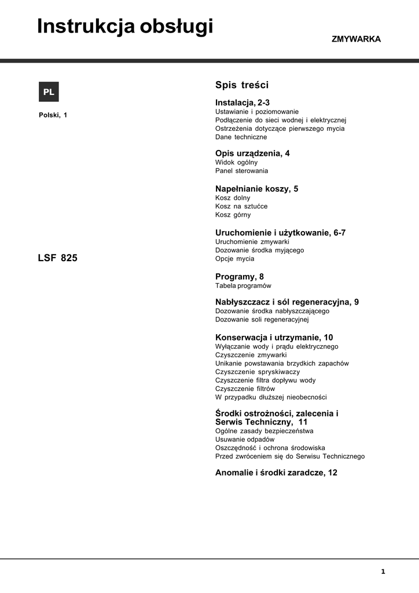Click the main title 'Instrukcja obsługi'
125,27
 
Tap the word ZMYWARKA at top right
356,39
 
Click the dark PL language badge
49,92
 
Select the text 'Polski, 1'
53,115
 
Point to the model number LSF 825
57,258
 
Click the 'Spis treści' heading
242,85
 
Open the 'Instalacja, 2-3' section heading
242,103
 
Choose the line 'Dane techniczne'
241,137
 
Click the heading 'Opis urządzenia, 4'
252,153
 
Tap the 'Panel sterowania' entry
241,171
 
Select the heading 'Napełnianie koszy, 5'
256,189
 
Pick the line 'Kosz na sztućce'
241,206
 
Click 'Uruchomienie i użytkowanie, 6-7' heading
280,233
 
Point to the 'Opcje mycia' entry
234,259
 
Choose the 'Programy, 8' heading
239,277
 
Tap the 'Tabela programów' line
243,285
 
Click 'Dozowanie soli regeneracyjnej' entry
262,319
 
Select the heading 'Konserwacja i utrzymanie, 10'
274,338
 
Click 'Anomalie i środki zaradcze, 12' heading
276,473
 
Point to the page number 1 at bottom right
383,572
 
